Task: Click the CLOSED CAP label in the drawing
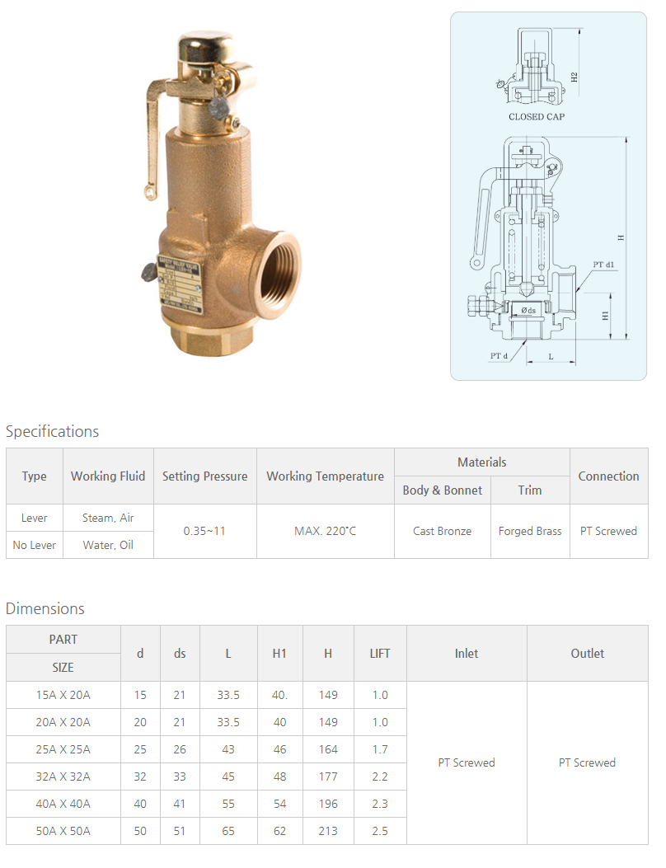[x=537, y=117]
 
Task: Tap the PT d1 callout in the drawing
[x=604, y=265]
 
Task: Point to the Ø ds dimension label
[x=528, y=311]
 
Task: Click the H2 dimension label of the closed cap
[x=575, y=77]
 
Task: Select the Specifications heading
[x=52, y=431]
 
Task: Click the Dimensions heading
[x=45, y=608]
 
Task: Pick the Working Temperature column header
[x=325, y=476]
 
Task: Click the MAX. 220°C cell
[x=325, y=531]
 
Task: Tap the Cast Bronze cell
[x=443, y=531]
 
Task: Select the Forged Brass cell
[x=530, y=531]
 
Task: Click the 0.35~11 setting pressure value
[x=204, y=531]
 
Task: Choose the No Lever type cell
[x=35, y=545]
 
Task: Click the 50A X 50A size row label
[x=63, y=831]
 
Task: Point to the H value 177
[x=328, y=777]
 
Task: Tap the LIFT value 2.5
[x=379, y=831]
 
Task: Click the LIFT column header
[x=379, y=654]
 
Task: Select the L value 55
[x=228, y=804]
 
